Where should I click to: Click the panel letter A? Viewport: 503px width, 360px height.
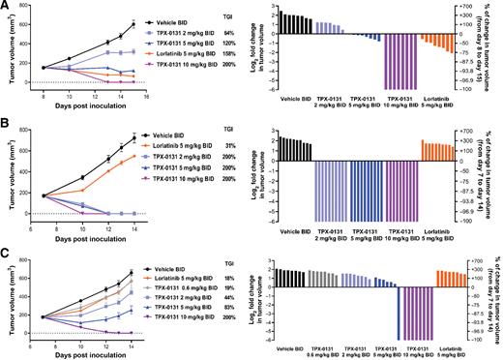(x=5, y=6)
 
